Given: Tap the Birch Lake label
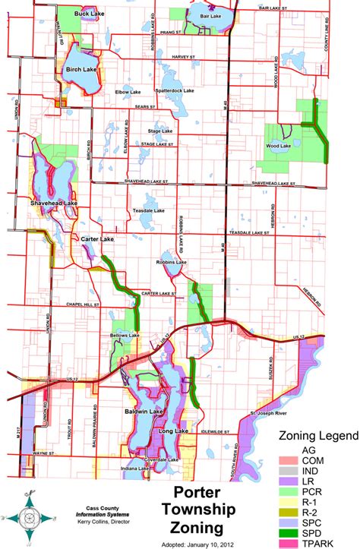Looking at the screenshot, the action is pos(82,70).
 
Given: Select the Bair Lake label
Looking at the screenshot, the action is pos(204,14).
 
